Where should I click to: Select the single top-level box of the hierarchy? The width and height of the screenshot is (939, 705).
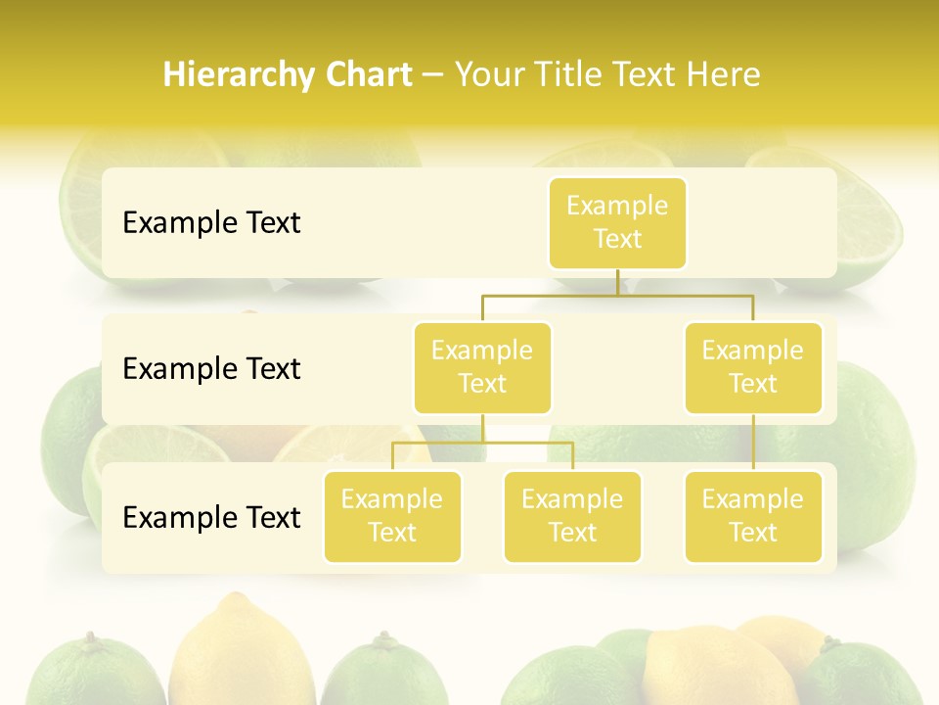coord(617,223)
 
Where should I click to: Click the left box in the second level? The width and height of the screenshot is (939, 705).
coord(482,368)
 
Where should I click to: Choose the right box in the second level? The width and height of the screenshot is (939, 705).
coord(753,368)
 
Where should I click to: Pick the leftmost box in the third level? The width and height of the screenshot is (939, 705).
coord(392,517)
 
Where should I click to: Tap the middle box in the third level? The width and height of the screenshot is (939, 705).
coord(572,517)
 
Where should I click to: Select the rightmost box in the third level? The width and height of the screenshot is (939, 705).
coord(753,517)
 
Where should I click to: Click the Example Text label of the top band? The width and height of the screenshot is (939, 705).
coord(211,223)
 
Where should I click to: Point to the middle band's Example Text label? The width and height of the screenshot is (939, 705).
coord(211,369)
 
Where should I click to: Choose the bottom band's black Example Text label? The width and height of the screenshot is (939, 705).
coord(211,518)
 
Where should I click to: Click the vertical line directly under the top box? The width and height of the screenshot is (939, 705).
coord(617,282)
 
